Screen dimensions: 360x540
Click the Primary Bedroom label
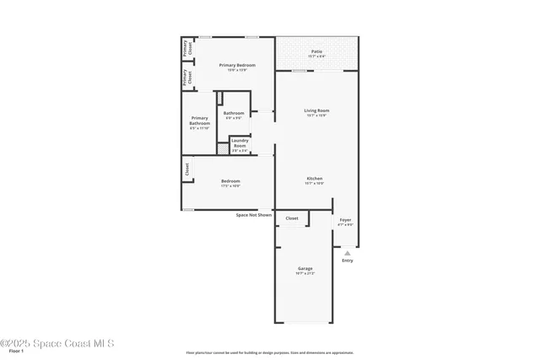[237, 65]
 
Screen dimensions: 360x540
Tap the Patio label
[316, 51]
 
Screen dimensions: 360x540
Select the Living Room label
[316, 110]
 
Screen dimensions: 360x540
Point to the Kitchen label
[315, 179]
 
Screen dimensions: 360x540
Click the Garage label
[305, 269]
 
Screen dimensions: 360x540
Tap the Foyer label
[345, 220]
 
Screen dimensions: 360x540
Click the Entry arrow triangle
[347, 252]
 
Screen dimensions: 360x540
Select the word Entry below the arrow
[347, 261]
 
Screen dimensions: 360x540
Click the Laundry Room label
[240, 142]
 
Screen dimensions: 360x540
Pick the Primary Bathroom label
[200, 121]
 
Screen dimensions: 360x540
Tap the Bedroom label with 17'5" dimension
[230, 181]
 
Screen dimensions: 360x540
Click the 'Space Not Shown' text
[253, 215]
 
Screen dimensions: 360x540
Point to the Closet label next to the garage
[292, 218]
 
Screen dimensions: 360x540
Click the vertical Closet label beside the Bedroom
[186, 169]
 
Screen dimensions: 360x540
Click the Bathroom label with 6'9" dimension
[234, 113]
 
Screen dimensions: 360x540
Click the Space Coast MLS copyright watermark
[57, 343]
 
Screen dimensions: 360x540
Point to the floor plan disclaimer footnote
[270, 352]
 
